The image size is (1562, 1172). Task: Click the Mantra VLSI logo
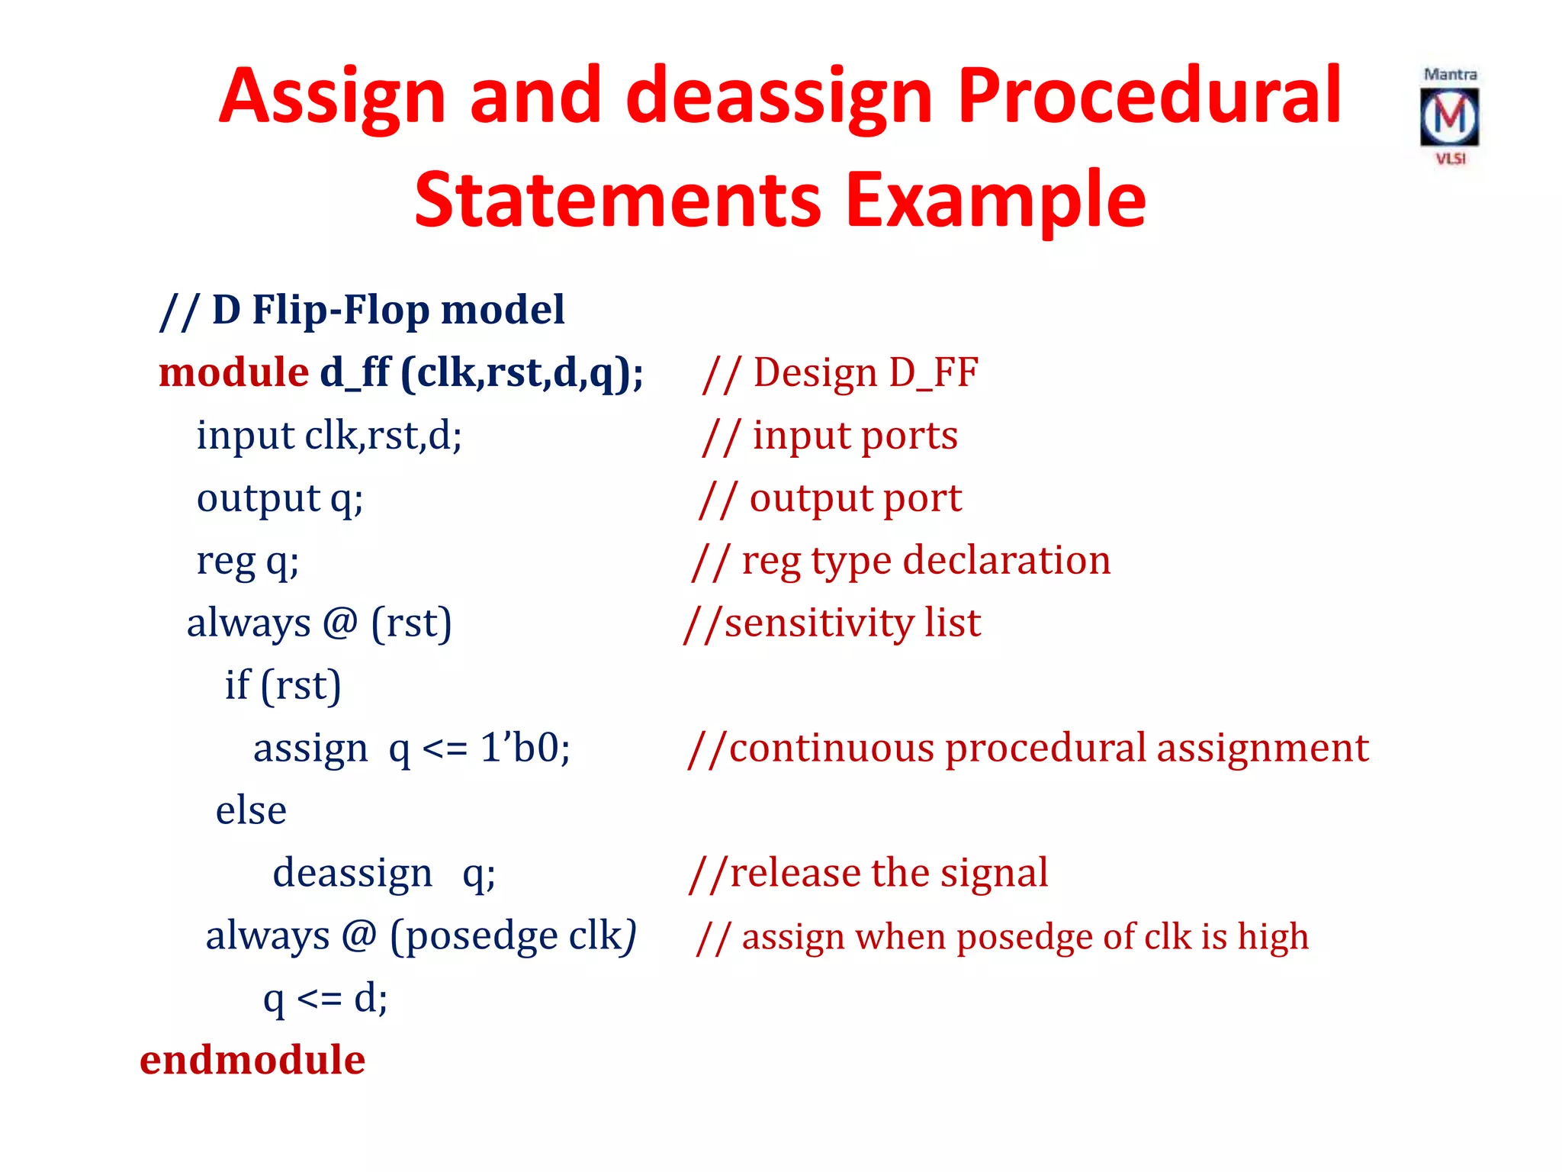[1449, 117]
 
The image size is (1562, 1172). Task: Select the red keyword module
[233, 373]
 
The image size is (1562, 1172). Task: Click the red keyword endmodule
[252, 1061]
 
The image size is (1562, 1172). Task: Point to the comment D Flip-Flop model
[362, 311]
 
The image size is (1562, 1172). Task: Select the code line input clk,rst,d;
[329, 436]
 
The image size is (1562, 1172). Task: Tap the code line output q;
[280, 499]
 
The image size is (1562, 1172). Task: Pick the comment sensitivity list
[833, 623]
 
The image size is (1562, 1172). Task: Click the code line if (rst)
[282, 685]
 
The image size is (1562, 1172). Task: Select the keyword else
[251, 810]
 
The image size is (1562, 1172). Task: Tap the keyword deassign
[352, 873]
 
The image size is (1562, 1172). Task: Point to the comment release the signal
[869, 873]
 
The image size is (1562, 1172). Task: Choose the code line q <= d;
[326, 998]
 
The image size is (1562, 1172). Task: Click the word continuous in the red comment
[831, 748]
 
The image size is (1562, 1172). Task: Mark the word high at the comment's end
[1273, 937]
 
